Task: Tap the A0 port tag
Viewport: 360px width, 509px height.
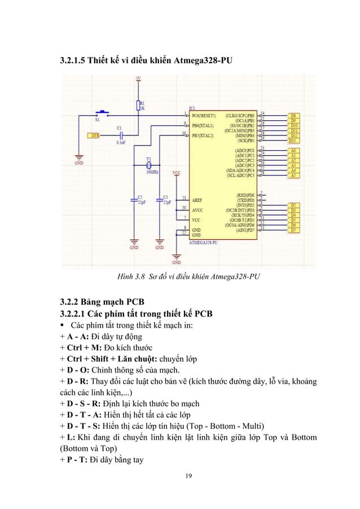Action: coord(293,151)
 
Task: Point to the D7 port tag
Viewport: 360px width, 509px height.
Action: coord(293,230)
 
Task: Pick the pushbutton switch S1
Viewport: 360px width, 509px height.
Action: coord(102,113)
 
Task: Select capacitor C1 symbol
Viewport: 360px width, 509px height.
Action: coord(120,135)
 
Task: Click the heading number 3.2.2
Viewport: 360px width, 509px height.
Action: coord(74,299)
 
